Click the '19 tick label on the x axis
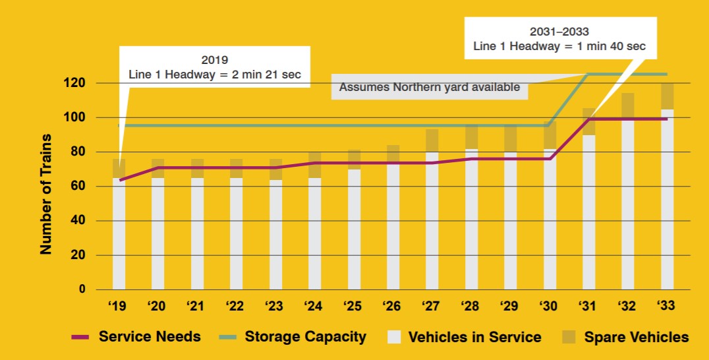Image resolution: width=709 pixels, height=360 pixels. [118, 307]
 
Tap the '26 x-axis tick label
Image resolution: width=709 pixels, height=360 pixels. [393, 307]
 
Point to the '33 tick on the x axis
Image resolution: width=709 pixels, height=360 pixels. [667, 307]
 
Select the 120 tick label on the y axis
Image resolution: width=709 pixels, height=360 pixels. [74, 83]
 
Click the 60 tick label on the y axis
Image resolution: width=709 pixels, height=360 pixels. [78, 187]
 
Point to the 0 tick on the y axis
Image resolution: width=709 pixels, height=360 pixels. [82, 289]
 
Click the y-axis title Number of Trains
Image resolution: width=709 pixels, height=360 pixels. [46, 195]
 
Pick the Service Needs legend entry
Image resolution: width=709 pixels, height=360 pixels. [150, 337]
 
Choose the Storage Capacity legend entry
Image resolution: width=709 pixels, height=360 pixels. [305, 337]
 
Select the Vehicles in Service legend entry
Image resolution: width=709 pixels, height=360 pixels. [474, 338]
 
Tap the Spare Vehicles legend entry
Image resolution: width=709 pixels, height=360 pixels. [636, 338]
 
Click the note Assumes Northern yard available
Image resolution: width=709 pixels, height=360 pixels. [429, 87]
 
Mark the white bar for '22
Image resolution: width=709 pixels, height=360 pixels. [236, 233]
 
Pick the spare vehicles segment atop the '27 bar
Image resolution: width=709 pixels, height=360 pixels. [432, 140]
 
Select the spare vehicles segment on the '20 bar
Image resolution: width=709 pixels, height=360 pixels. [157, 168]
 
